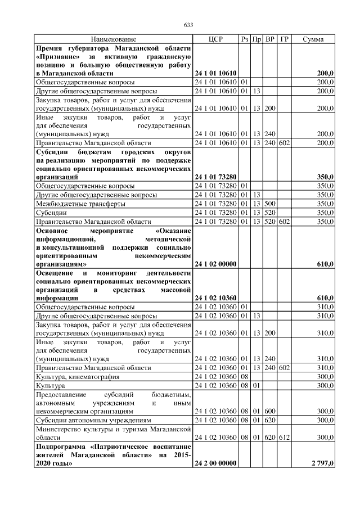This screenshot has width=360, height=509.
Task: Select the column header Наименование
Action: tap(114, 39)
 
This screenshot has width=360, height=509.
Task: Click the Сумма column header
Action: tap(313, 39)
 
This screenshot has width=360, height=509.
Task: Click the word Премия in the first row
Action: tap(49, 48)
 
